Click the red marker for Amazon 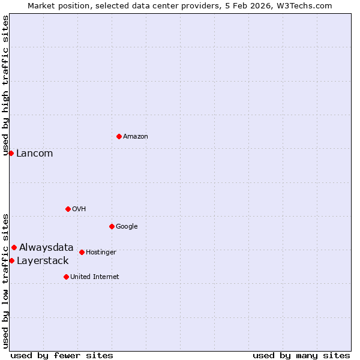click(x=119, y=136)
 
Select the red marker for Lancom click(x=11, y=153)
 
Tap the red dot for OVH click(x=68, y=209)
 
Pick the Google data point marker click(x=112, y=226)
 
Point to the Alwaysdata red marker click(x=14, y=247)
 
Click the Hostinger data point click(x=82, y=252)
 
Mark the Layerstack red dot click(x=11, y=260)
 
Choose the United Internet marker click(x=66, y=277)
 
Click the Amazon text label click(x=136, y=137)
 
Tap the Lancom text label click(x=34, y=154)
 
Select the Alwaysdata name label click(x=46, y=247)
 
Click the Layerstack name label click(x=43, y=260)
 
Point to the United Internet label click(x=95, y=277)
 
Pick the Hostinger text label click(x=101, y=253)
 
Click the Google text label click(x=127, y=226)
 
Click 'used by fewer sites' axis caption click(x=62, y=355)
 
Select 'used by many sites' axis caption click(x=301, y=355)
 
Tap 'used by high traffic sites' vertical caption click(x=5, y=85)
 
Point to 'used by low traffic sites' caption click(x=5, y=280)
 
